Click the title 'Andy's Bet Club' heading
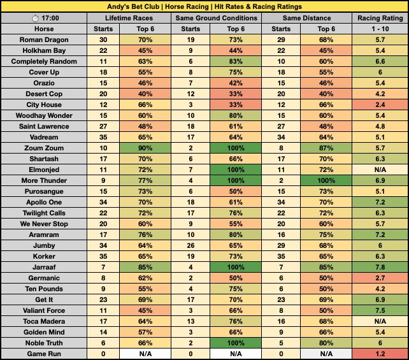pyautogui.click(x=204, y=6)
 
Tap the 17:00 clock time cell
pyautogui.click(x=44, y=18)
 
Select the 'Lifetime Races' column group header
pyautogui.click(x=130, y=18)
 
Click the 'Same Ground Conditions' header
pyautogui.click(x=218, y=18)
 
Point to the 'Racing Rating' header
pyautogui.click(x=380, y=18)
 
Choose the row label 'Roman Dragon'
pyautogui.click(x=44, y=40)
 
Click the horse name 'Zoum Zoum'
pyautogui.click(x=44, y=147)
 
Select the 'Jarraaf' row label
pyautogui.click(x=44, y=266)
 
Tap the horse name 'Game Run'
pyautogui.click(x=44, y=352)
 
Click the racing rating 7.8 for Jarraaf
pyautogui.click(x=380, y=266)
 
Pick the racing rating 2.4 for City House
pyautogui.click(x=380, y=104)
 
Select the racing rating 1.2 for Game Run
pyautogui.click(x=380, y=352)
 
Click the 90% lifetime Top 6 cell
pyautogui.click(x=152, y=147)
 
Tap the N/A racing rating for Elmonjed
pyautogui.click(x=380, y=169)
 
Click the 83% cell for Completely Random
pyautogui.click(x=240, y=61)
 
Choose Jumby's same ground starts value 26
pyautogui.click(x=196, y=244)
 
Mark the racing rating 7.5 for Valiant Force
pyautogui.click(x=380, y=309)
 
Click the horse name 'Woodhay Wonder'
pyautogui.click(x=44, y=115)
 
